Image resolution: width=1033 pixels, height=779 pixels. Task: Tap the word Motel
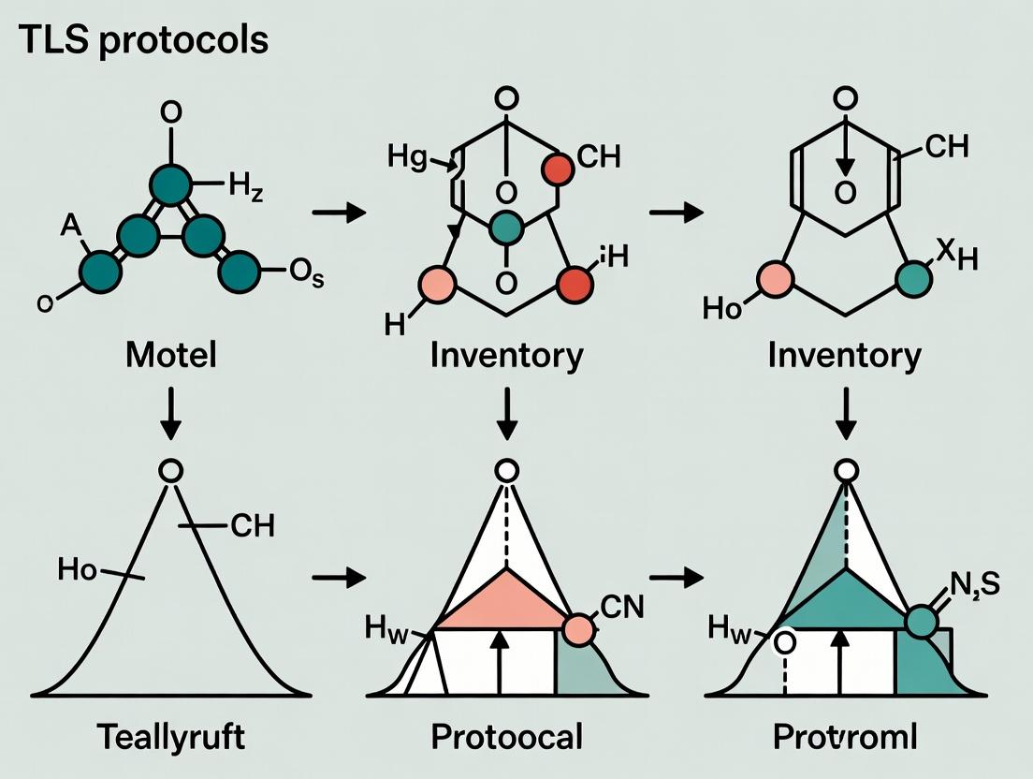pyautogui.click(x=170, y=355)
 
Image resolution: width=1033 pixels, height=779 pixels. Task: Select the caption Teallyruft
pyautogui.click(x=171, y=736)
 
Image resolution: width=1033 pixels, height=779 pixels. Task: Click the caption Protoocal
pyautogui.click(x=507, y=736)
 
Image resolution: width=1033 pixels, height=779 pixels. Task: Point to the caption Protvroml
pyautogui.click(x=845, y=736)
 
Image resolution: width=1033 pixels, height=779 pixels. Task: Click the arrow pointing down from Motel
pyautogui.click(x=170, y=413)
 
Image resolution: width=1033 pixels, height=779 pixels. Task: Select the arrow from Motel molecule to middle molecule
pyautogui.click(x=339, y=213)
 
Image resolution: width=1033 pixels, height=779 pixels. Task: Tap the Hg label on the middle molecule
pyautogui.click(x=408, y=157)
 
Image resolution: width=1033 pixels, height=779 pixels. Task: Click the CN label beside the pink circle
pyautogui.click(x=619, y=609)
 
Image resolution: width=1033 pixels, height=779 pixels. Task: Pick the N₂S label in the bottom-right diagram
pyautogui.click(x=972, y=586)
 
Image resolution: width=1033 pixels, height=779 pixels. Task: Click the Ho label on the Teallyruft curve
pyautogui.click(x=78, y=568)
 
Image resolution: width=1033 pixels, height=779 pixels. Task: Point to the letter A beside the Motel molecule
pyautogui.click(x=68, y=224)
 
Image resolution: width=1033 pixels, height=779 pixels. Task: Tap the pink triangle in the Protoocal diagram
pyautogui.click(x=505, y=604)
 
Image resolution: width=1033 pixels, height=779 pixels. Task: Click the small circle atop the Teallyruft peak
pyautogui.click(x=170, y=471)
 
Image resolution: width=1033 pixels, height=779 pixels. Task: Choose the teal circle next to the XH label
pyautogui.click(x=913, y=278)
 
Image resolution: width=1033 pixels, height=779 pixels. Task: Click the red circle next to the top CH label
pyautogui.click(x=558, y=169)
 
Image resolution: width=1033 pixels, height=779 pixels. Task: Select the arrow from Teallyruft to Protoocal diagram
pyautogui.click(x=339, y=578)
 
